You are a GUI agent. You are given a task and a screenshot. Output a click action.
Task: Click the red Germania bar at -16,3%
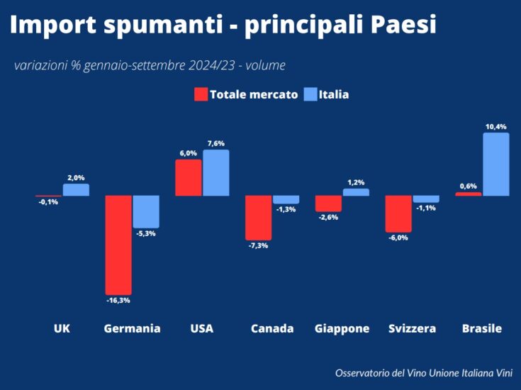coord(118,245)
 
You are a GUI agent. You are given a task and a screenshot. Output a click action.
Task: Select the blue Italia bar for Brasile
coord(496,165)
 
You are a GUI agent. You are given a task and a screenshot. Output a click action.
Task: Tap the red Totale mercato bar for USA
coord(189,177)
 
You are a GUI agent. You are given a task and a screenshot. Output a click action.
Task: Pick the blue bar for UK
coord(76,190)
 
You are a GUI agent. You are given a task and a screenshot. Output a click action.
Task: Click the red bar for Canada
coord(259,218)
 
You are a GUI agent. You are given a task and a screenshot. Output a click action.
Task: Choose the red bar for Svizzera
coord(398,213)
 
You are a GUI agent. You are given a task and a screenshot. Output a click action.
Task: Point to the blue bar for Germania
coord(146,211)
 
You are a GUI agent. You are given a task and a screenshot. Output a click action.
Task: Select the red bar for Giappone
coord(328,204)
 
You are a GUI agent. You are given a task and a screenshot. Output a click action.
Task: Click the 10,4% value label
coord(495,126)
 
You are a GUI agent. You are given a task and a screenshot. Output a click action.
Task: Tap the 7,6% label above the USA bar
coord(216,143)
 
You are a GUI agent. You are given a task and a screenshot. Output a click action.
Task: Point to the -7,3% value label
coord(257,245)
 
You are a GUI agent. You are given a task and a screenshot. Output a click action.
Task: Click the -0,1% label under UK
coord(48,202)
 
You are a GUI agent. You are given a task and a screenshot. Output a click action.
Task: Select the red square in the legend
coord(201,94)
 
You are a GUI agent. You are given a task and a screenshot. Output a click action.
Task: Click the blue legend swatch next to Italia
coord(309,94)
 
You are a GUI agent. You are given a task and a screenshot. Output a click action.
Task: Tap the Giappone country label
coord(342,328)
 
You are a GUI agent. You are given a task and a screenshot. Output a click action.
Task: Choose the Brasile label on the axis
coord(482,328)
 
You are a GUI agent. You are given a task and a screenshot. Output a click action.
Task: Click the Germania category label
coord(132,328)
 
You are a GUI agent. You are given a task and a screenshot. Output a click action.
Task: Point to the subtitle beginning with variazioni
coord(150,65)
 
